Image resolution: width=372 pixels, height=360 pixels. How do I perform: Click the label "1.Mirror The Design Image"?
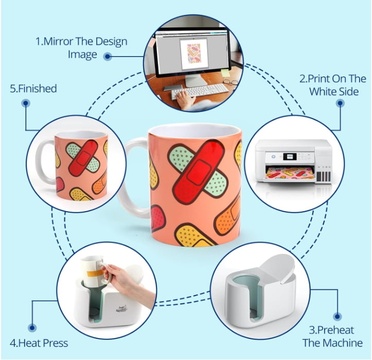[81, 47]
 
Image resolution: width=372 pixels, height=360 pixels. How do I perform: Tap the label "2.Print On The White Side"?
[332, 85]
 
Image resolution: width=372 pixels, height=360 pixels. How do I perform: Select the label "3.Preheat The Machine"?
[332, 336]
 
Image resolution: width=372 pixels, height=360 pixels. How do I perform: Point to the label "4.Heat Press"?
[39, 343]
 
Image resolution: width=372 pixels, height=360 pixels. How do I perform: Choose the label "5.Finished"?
[33, 89]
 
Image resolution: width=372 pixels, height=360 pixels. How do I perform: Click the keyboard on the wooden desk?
[200, 91]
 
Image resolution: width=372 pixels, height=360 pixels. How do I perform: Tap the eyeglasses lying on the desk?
[231, 82]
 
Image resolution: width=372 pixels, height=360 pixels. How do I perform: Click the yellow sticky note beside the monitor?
[225, 73]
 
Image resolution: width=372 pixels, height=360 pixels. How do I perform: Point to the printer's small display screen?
[290, 157]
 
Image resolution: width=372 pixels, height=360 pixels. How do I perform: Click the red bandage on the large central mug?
[199, 172]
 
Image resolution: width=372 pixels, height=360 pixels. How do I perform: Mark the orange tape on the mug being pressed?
[95, 273]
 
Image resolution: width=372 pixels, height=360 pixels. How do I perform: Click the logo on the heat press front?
[121, 308]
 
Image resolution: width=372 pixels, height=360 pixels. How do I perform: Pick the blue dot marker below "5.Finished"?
[26, 104]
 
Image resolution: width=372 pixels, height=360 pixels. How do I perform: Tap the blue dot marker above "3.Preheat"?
[337, 317]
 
